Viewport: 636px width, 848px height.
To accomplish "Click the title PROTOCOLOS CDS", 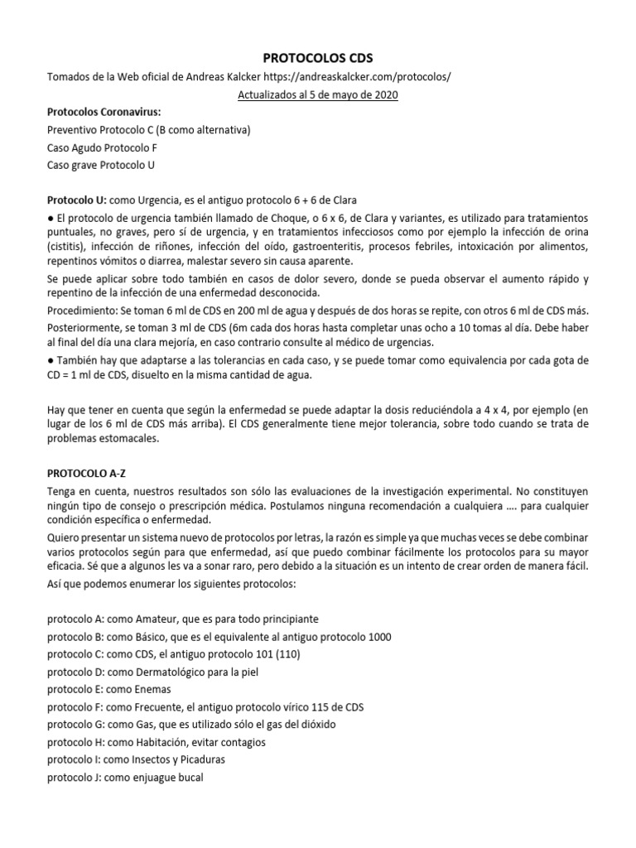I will click(318, 59).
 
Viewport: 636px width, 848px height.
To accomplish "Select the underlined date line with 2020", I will click(318, 95).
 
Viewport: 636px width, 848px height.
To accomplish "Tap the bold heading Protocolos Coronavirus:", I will click(104, 113).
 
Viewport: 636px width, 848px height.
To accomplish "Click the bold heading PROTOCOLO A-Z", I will click(92, 472).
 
